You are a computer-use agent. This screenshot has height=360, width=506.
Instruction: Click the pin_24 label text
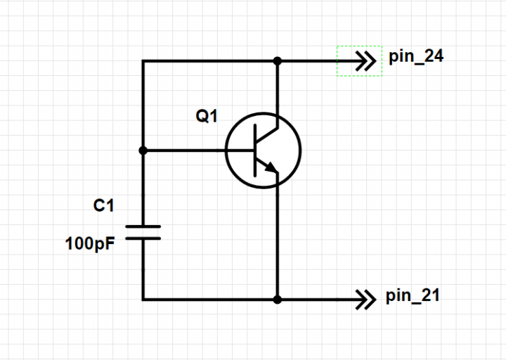(416, 57)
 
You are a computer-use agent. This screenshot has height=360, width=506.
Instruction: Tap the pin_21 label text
(413, 296)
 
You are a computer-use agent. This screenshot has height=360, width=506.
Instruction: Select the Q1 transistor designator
(207, 116)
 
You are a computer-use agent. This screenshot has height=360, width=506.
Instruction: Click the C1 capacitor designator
(103, 205)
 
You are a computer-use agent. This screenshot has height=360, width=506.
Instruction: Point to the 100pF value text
(90, 244)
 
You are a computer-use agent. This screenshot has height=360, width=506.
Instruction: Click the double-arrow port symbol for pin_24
(365, 60)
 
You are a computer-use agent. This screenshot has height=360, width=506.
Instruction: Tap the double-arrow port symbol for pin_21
(365, 300)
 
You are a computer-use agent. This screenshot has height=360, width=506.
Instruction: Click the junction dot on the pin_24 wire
(277, 60)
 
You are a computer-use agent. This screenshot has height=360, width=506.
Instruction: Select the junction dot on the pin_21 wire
(277, 300)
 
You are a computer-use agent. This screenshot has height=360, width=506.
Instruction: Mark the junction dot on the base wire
(143, 150)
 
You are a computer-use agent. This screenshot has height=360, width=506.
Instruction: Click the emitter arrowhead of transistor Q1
(271, 167)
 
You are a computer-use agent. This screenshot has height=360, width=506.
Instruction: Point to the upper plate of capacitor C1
(143, 226)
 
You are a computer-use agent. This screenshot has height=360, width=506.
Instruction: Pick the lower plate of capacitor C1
(143, 238)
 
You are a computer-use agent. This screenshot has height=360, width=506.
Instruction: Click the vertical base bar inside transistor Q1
(255, 150)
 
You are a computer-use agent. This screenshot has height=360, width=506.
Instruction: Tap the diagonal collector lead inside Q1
(267, 135)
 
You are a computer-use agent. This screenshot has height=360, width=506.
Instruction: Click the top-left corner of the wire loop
(143, 60)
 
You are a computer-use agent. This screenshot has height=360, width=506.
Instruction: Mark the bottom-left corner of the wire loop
(143, 300)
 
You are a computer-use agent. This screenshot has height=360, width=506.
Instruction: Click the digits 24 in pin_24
(434, 56)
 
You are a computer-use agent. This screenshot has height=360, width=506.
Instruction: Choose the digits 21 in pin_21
(431, 295)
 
